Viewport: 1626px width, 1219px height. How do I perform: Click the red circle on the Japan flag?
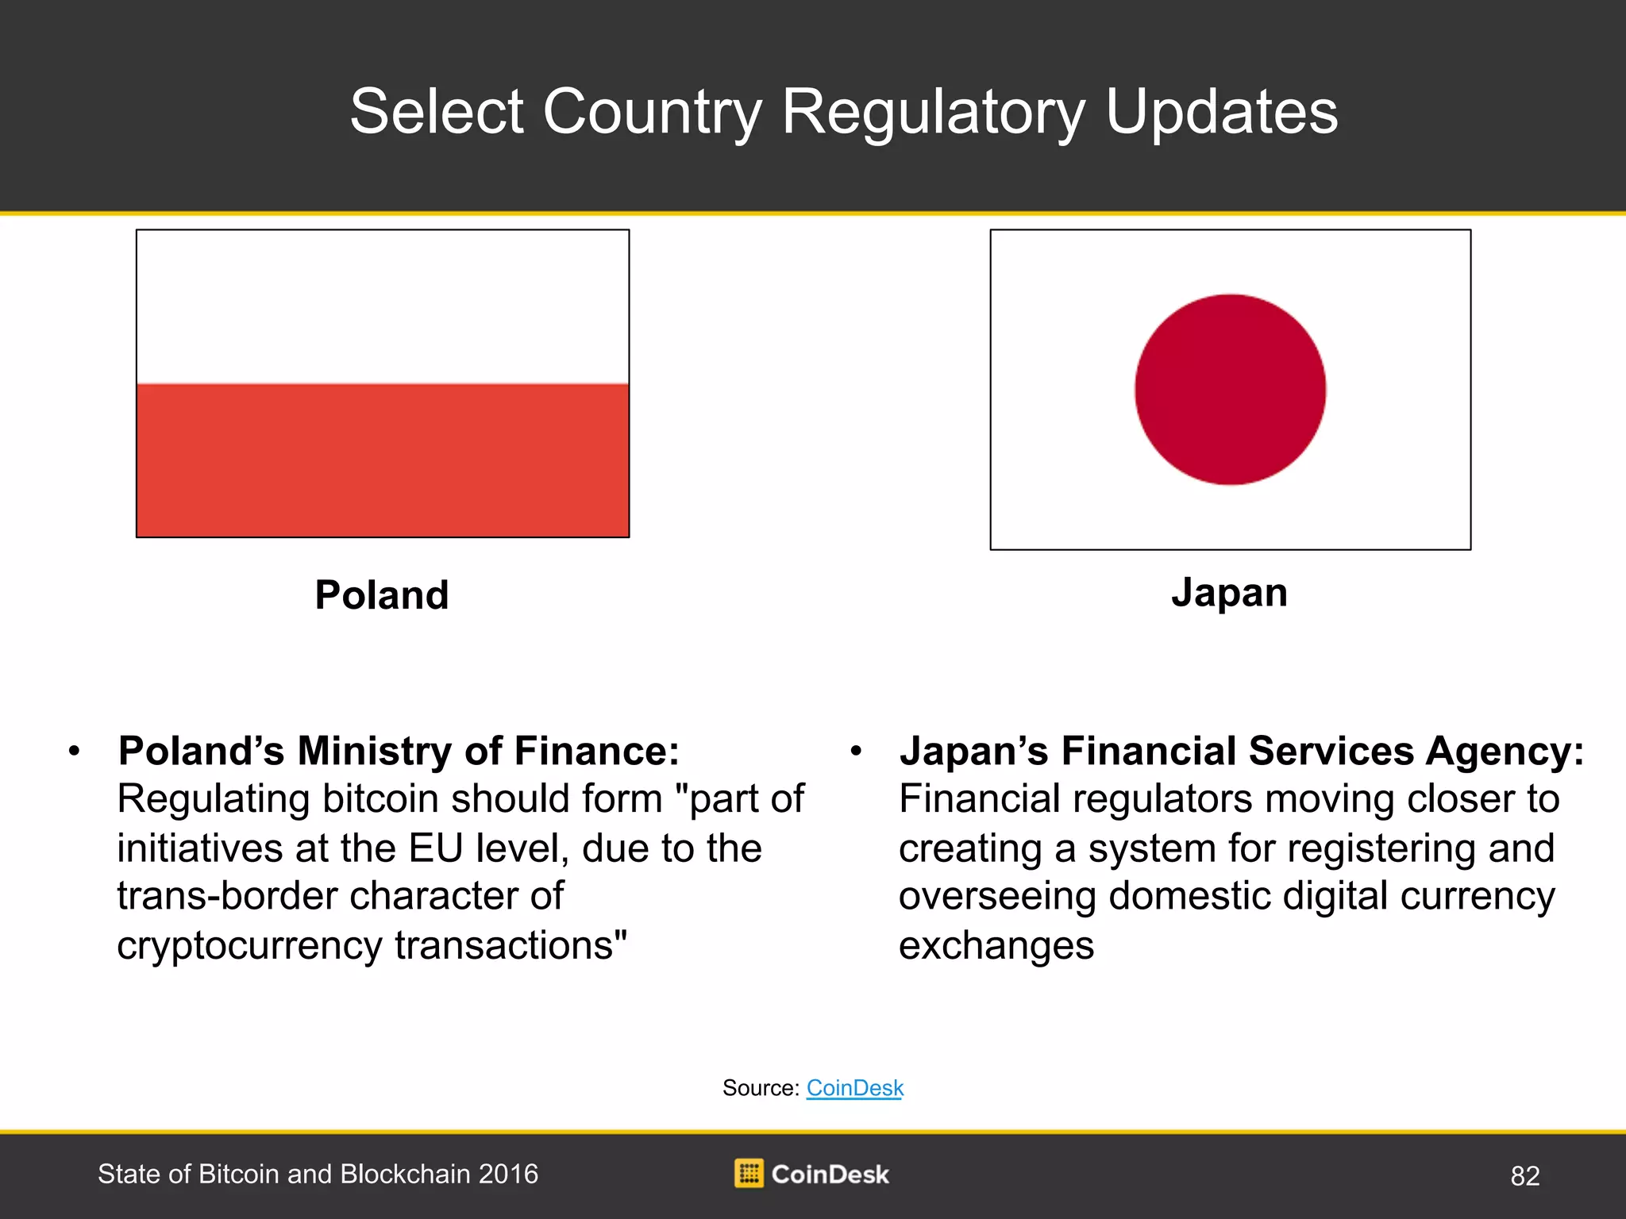point(1230,390)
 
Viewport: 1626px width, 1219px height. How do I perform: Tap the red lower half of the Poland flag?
point(383,460)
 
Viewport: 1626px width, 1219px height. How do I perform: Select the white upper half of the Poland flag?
point(383,307)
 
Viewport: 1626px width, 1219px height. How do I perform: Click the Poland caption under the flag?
point(382,594)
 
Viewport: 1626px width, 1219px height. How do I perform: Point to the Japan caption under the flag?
point(1229,594)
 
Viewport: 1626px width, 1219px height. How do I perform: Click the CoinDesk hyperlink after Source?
point(855,1087)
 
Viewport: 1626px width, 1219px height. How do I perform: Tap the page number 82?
point(1525,1175)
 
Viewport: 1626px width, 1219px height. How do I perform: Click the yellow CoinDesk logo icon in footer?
point(749,1173)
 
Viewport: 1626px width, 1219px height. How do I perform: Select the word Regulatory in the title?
point(933,113)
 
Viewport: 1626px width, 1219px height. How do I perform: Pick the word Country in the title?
point(652,113)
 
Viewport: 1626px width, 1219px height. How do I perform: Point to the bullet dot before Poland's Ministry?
point(75,751)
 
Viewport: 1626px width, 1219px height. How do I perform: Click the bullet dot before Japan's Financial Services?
point(856,751)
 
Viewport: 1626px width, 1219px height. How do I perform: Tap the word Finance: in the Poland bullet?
point(596,751)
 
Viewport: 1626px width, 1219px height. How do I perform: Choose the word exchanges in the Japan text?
point(996,946)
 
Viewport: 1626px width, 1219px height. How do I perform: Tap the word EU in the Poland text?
point(436,848)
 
